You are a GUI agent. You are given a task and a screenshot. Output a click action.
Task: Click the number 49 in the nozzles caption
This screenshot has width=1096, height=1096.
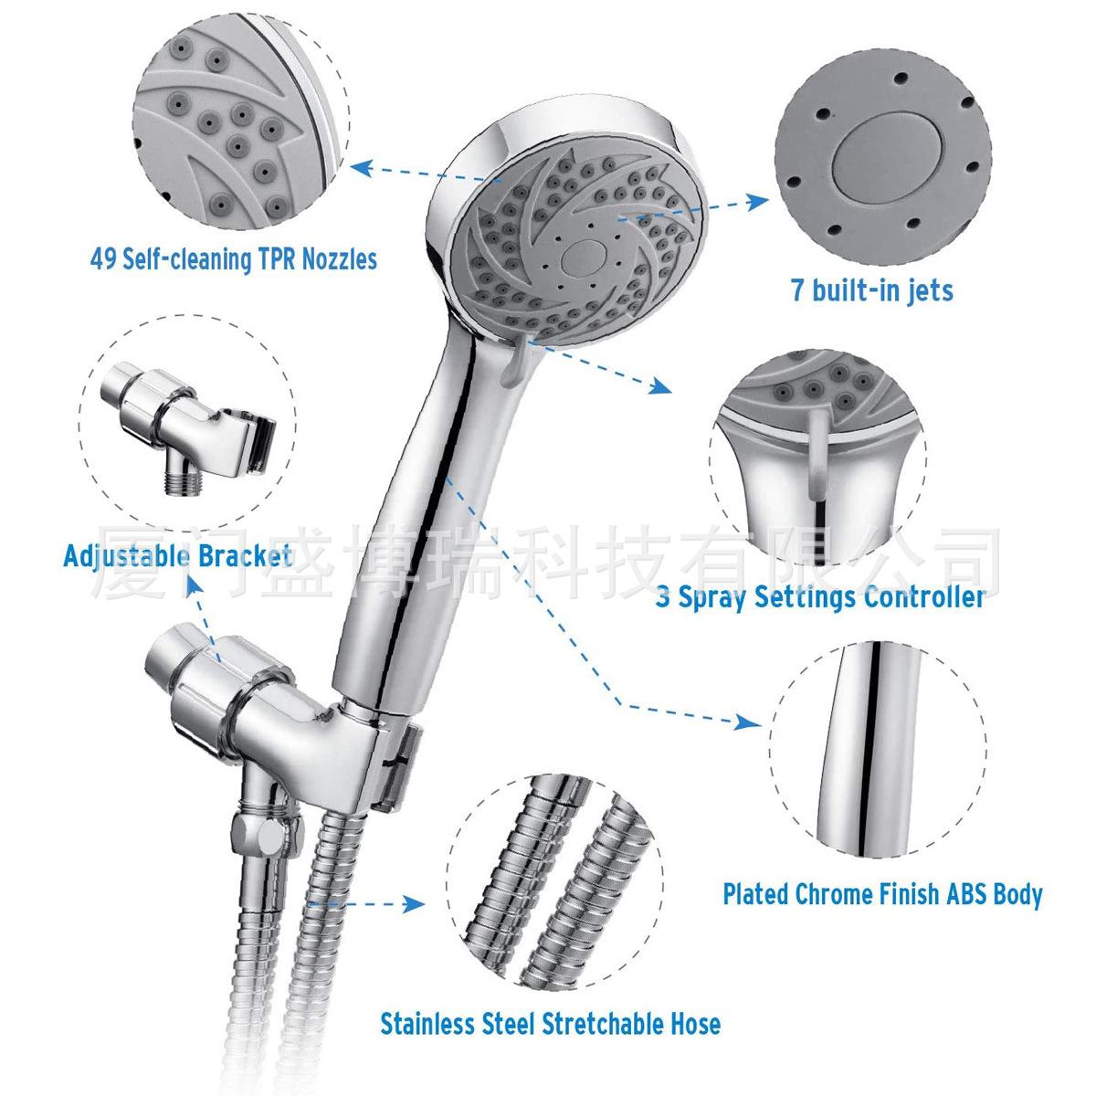point(103,259)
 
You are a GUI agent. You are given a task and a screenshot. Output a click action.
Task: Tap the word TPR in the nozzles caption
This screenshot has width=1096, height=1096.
point(278,259)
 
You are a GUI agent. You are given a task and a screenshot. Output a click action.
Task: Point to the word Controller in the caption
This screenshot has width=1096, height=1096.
point(924,597)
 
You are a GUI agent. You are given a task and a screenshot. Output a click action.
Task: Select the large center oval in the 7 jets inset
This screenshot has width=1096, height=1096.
point(888,157)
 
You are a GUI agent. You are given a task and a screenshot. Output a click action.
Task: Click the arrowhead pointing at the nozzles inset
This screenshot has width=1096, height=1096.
point(361,169)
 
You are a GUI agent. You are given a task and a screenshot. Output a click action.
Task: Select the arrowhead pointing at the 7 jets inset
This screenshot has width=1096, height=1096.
point(757,201)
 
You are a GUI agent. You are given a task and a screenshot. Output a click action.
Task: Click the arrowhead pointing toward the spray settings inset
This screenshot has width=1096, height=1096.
point(660,385)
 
